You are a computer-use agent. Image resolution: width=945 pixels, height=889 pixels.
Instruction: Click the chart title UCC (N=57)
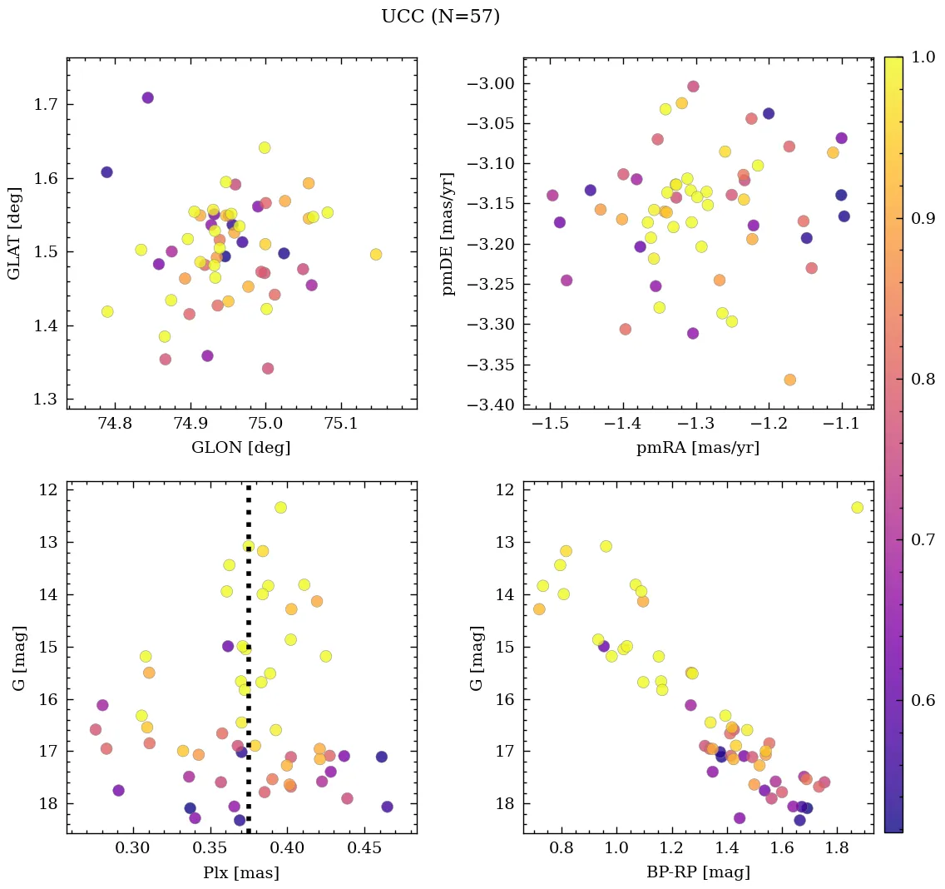click(440, 17)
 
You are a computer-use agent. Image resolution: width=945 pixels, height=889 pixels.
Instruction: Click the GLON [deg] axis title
click(241, 448)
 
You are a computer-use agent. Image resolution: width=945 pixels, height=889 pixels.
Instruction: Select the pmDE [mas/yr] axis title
click(448, 234)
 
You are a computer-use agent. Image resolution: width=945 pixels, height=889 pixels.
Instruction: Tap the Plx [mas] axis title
click(241, 872)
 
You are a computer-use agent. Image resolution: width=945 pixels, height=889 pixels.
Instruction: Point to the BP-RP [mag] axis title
click(698, 872)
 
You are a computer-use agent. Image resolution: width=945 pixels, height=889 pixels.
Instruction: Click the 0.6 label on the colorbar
click(923, 701)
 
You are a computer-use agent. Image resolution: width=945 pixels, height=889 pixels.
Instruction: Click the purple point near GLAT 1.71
click(147, 97)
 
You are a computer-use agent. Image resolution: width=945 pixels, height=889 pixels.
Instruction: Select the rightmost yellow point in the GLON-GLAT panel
click(376, 254)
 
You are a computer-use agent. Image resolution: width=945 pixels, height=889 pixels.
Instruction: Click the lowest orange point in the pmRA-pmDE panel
click(789, 380)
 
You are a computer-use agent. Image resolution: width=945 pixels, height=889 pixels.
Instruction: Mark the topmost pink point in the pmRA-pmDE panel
click(693, 87)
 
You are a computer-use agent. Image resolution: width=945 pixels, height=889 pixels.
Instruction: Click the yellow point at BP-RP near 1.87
click(857, 508)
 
